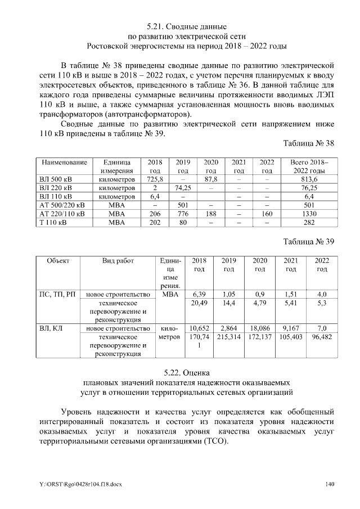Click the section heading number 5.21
(x=156, y=26)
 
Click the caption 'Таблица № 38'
(x=309, y=144)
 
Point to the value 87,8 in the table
(x=211, y=179)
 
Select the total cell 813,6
(x=309, y=179)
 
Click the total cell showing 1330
(x=309, y=214)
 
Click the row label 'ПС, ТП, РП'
(x=58, y=295)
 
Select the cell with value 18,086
(x=260, y=328)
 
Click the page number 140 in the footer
(x=329, y=485)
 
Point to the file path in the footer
(x=72, y=485)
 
